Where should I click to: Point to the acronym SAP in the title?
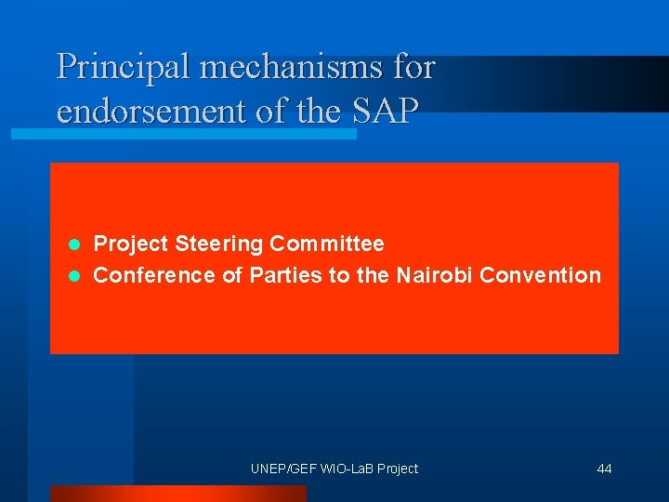[x=385, y=111]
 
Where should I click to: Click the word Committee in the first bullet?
[x=326, y=244]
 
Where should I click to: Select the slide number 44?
[x=604, y=469]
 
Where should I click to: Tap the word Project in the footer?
[x=397, y=469]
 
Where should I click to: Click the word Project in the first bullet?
[x=131, y=244]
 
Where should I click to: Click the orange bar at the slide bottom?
[x=177, y=494]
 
